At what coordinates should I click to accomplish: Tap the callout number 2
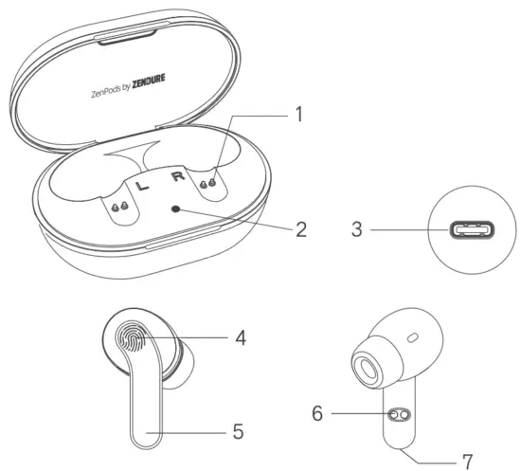(300, 228)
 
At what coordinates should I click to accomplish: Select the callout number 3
(356, 229)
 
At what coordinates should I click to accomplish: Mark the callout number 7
(466, 462)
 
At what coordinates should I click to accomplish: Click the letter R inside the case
(175, 175)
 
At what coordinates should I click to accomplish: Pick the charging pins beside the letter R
(210, 180)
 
